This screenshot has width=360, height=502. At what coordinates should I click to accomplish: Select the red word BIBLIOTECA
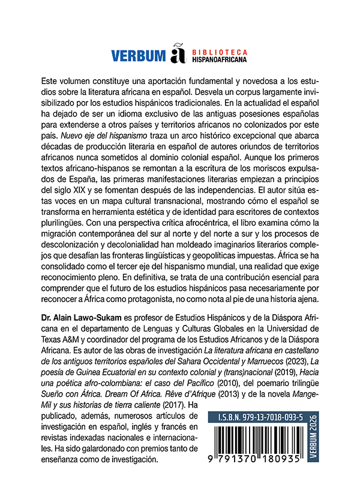pos(215,52)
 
